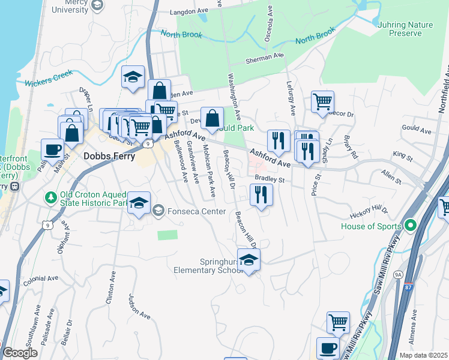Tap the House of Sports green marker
click(x=411, y=226)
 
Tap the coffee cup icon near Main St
click(x=52, y=149)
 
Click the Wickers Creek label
click(x=49, y=78)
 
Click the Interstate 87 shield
click(x=408, y=287)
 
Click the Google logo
click(x=20, y=353)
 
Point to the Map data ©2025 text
click(x=423, y=355)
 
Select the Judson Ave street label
click(x=139, y=305)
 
